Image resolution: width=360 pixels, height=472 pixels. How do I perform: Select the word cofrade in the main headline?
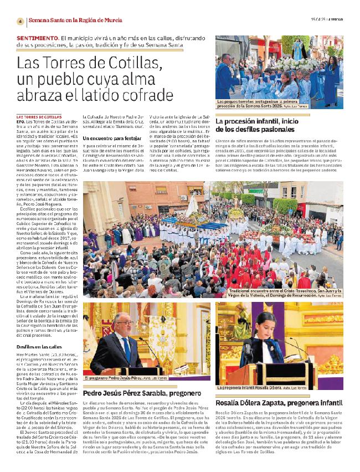[161, 96]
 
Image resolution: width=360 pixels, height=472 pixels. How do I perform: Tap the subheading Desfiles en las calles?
[40, 346]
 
